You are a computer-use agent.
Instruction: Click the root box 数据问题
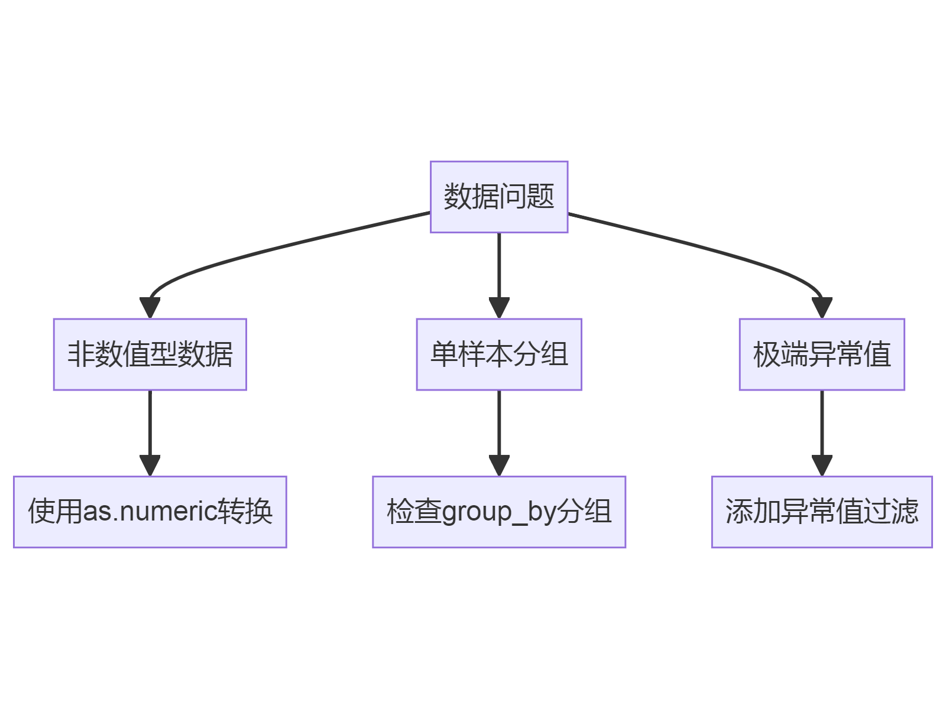pyautogui.click(x=498, y=197)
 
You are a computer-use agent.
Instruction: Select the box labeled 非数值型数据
pyautogui.click(x=150, y=354)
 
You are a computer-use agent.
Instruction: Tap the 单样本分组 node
pyautogui.click(x=498, y=354)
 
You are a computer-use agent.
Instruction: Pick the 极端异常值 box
pyautogui.click(x=821, y=354)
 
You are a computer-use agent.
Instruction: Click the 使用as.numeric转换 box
pyautogui.click(x=150, y=512)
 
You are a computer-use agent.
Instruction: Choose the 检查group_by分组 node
pyautogui.click(x=498, y=512)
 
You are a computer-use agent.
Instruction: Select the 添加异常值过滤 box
pyautogui.click(x=821, y=512)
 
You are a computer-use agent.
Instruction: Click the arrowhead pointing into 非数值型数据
pyautogui.click(x=150, y=308)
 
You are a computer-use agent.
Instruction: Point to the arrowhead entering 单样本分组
pyautogui.click(x=499, y=308)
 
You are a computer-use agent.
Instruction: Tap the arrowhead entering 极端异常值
pyautogui.click(x=822, y=308)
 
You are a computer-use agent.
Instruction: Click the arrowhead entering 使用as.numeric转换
pyautogui.click(x=150, y=465)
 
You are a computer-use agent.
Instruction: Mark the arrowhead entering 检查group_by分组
pyautogui.click(x=499, y=465)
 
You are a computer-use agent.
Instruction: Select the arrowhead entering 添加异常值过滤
pyautogui.click(x=822, y=465)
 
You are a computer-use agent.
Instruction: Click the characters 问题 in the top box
pyautogui.click(x=526, y=197)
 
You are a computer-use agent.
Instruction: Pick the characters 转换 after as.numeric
pyautogui.click(x=245, y=512)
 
